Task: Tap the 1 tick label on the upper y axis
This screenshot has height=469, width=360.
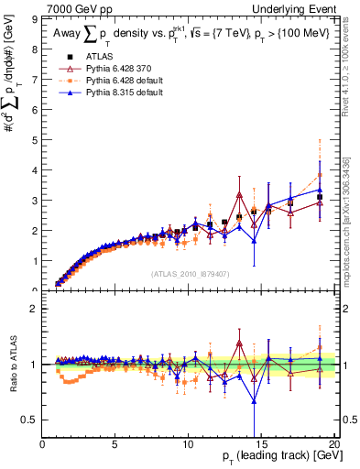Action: pyautogui.click(x=36, y=261)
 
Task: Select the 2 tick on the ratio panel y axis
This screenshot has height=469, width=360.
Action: pyautogui.click(x=36, y=309)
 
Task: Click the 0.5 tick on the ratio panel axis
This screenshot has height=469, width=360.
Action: pyautogui.click(x=32, y=420)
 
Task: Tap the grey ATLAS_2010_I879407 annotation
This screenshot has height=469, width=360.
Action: pyautogui.click(x=190, y=273)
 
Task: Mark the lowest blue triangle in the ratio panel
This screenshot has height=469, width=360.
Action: pyautogui.click(x=254, y=400)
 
